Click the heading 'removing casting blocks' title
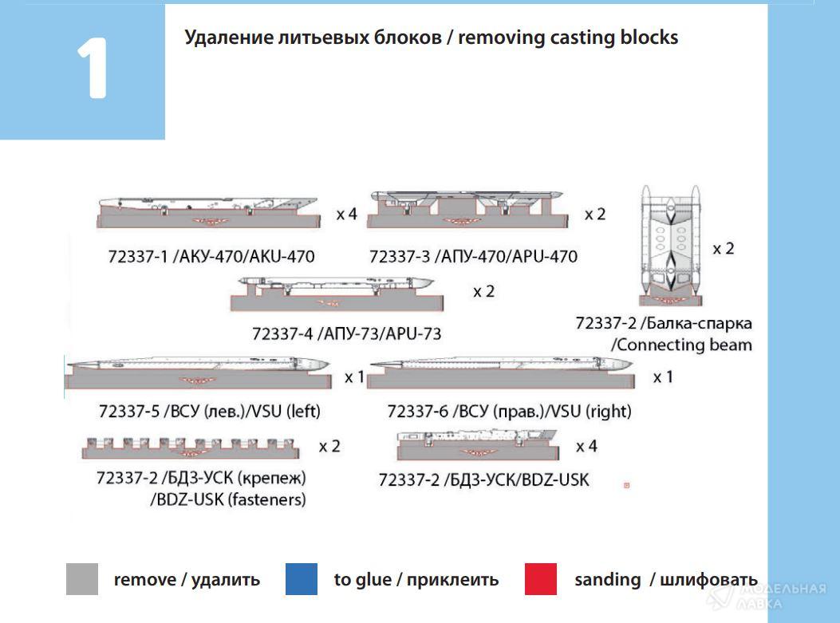coord(431,37)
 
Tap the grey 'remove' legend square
coord(82,579)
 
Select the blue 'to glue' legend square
coord(302,579)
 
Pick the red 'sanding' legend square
coord(541,579)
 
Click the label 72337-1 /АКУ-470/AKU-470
coord(211,256)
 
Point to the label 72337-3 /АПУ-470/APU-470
coord(473,256)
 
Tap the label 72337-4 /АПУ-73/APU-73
coord(346,333)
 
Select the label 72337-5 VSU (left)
coord(209,412)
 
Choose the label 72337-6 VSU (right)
coord(509,412)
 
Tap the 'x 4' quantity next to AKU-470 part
coord(346,215)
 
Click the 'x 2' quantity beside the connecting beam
coord(724,248)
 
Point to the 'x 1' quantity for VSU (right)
coord(662,377)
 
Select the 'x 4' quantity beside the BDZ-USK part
coord(586,446)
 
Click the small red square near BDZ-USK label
coord(626,484)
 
